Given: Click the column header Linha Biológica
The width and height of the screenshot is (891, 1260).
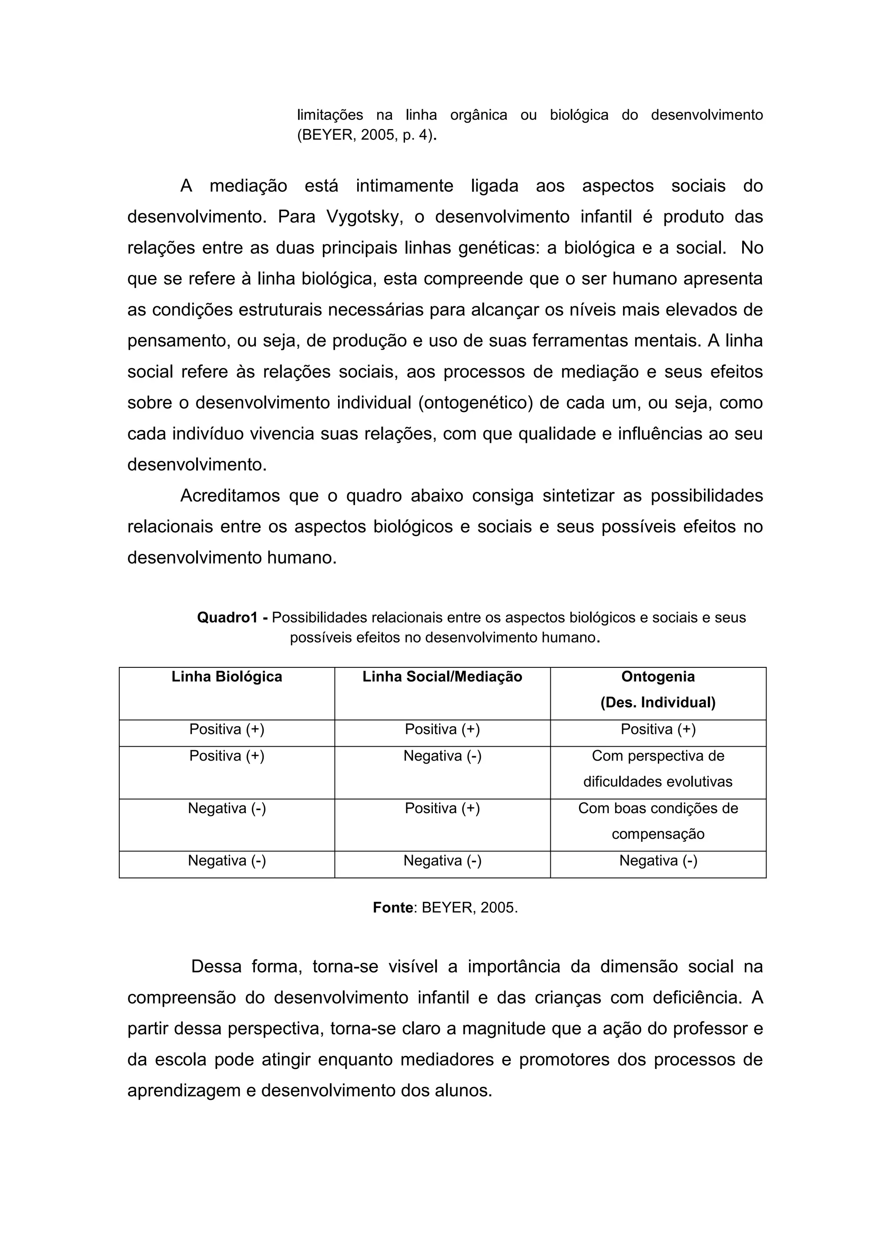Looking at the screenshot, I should tap(227, 677).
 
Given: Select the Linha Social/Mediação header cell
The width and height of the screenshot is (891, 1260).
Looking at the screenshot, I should tap(442, 677).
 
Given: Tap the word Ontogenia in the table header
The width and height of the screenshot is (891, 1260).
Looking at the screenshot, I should tap(658, 677).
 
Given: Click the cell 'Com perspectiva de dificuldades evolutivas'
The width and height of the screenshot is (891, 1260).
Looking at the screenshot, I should tap(658, 769).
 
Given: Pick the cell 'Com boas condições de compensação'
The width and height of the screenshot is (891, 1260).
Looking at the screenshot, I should tap(658, 821).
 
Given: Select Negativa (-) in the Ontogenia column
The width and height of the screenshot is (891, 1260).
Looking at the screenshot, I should tap(658, 861).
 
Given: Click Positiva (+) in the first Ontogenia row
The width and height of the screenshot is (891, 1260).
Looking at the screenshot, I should tap(658, 729).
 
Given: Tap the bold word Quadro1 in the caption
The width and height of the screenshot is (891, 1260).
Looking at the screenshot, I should tap(227, 618).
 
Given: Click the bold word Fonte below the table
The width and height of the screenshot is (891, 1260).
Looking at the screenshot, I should tap(393, 908).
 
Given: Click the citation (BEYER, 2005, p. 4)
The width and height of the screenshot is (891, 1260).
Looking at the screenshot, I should tap(366, 135).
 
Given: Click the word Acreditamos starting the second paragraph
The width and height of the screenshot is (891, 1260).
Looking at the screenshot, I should tap(231, 496).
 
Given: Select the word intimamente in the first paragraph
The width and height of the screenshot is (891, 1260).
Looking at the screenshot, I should tap(404, 186).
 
